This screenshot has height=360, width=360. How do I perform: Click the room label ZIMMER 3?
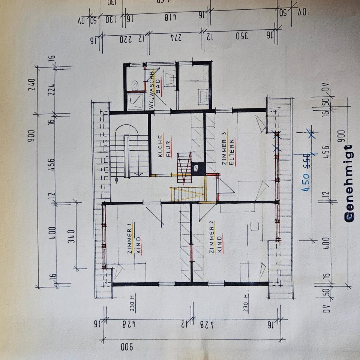(x=224, y=152)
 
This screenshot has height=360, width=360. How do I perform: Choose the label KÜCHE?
(x=160, y=146)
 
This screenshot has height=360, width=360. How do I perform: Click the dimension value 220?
(x=127, y=39)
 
